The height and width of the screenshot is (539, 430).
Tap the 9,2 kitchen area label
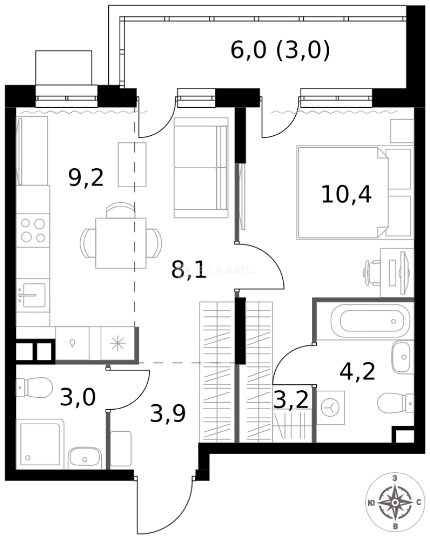click(x=86, y=178)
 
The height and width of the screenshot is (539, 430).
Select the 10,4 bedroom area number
click(x=346, y=194)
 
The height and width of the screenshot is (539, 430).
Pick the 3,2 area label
click(x=291, y=400)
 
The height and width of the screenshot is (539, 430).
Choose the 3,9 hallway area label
click(x=168, y=414)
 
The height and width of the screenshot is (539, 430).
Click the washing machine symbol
click(x=330, y=407)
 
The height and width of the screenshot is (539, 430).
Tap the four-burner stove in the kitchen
click(x=32, y=230)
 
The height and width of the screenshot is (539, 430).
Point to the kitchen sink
click(x=31, y=294)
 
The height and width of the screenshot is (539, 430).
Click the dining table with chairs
click(x=121, y=242)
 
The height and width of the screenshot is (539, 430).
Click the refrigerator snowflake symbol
click(x=118, y=343)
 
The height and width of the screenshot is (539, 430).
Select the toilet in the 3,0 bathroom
click(x=35, y=386)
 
